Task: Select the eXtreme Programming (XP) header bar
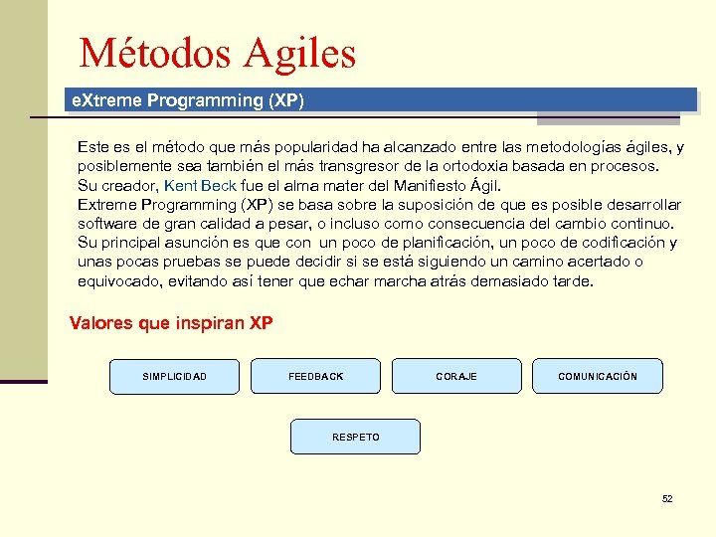tap(380, 100)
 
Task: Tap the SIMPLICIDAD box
tap(175, 376)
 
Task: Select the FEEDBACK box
tap(315, 376)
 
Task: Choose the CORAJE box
tap(456, 376)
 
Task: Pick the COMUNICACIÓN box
tap(598, 376)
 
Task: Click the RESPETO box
tap(355, 438)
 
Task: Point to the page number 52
tap(667, 498)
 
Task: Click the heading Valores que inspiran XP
tap(171, 323)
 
